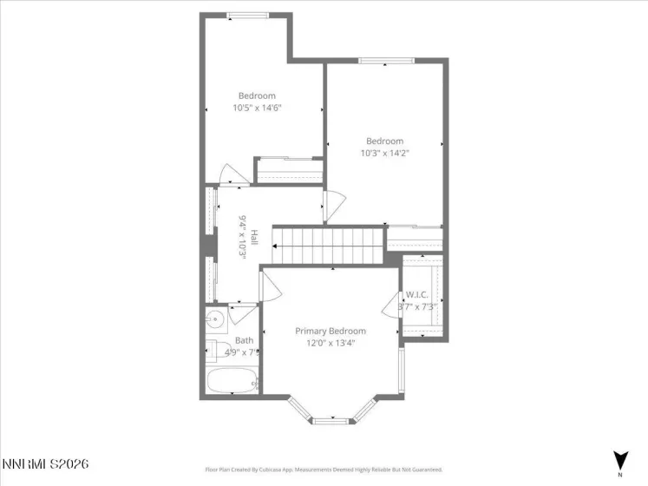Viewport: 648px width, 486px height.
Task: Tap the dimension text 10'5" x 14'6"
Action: (x=257, y=108)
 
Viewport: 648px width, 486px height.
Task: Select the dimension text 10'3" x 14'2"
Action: (x=384, y=153)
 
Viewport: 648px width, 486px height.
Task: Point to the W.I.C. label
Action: (x=417, y=295)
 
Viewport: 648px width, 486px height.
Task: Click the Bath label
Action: (x=244, y=340)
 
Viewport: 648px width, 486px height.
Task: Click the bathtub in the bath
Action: (x=232, y=381)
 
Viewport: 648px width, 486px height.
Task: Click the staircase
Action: (x=329, y=246)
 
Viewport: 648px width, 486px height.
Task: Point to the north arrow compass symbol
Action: (x=619, y=461)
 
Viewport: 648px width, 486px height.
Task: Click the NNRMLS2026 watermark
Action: (x=45, y=465)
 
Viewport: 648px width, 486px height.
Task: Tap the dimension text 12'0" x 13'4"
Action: (x=330, y=343)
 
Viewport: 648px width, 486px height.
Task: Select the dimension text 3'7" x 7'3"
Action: (x=416, y=306)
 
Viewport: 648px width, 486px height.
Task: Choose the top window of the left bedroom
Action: (x=247, y=16)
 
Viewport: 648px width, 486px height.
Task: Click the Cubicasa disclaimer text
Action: (x=324, y=469)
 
